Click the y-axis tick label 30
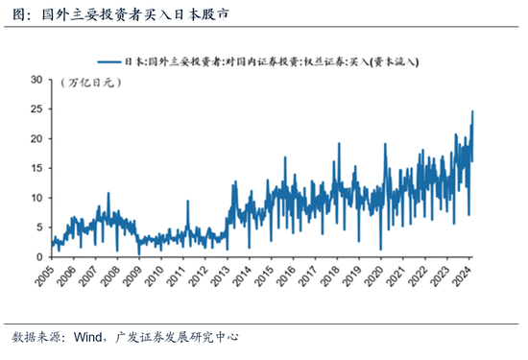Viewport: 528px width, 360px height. pos(36,80)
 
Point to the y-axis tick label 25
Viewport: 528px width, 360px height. pos(36,109)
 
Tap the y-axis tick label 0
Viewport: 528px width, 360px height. pos(39,257)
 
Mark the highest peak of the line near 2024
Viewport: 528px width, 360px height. pos(472,111)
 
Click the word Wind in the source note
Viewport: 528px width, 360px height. pos(86,338)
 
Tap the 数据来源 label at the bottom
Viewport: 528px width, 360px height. pos(36,338)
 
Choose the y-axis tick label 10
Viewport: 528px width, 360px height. pos(36,198)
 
